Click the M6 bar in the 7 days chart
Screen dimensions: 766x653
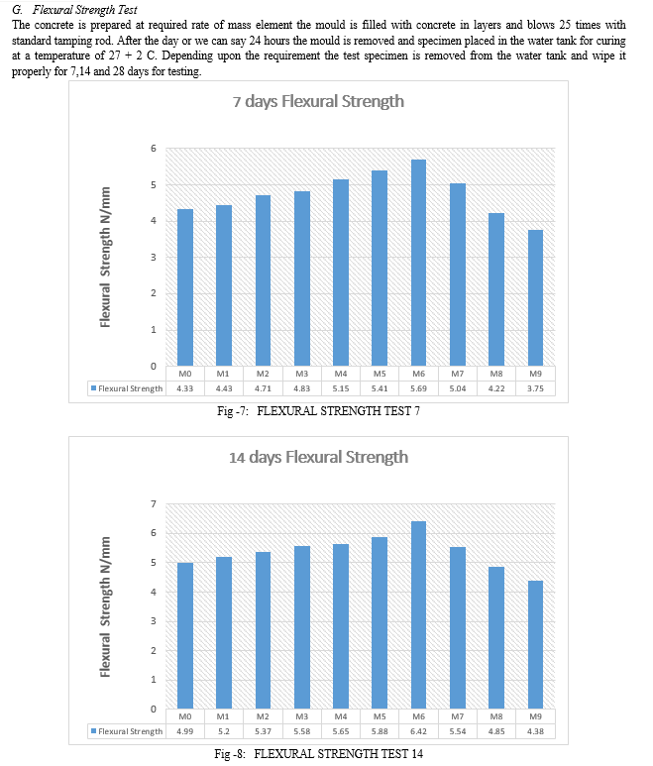[x=418, y=263]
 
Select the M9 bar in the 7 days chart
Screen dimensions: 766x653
[x=535, y=297]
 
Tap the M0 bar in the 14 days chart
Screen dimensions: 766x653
[x=185, y=635]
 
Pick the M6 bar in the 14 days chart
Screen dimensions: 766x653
[x=418, y=614]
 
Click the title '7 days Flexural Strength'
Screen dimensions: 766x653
[x=318, y=102]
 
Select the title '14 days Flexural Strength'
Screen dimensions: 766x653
[x=318, y=457]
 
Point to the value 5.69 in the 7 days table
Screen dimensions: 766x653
[x=418, y=388]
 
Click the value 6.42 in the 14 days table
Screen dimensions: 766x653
[x=418, y=731]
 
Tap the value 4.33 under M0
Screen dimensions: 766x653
[x=184, y=388]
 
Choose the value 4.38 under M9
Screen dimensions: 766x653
[x=535, y=731]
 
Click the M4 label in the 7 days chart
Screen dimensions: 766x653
[x=340, y=374]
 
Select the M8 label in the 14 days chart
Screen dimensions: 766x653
[x=496, y=716]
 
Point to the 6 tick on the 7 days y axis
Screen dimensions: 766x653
[x=154, y=149]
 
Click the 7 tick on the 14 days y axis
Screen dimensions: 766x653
[x=154, y=504]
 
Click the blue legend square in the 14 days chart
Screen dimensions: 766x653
[x=94, y=731]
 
